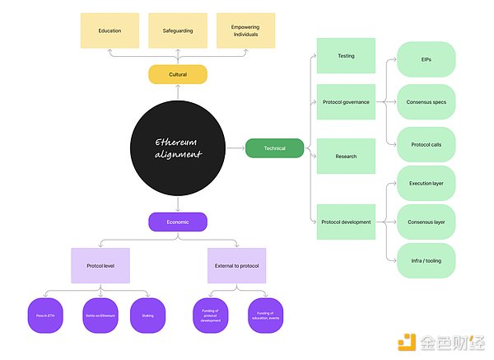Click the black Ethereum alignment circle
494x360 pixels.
(177, 147)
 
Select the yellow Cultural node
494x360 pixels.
(177, 74)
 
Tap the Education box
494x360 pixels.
(110, 30)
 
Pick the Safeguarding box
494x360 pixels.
(177, 30)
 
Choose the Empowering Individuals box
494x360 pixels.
(245, 30)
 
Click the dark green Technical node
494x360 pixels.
(274, 148)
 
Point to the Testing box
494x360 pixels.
(346, 56)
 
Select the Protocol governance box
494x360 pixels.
(346, 101)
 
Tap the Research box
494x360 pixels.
(346, 156)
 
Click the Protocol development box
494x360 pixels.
(346, 222)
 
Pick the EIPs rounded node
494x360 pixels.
(426, 59)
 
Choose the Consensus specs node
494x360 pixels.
(426, 102)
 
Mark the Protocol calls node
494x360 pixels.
(426, 145)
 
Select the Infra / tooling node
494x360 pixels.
(426, 260)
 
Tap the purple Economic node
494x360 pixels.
(177, 222)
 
